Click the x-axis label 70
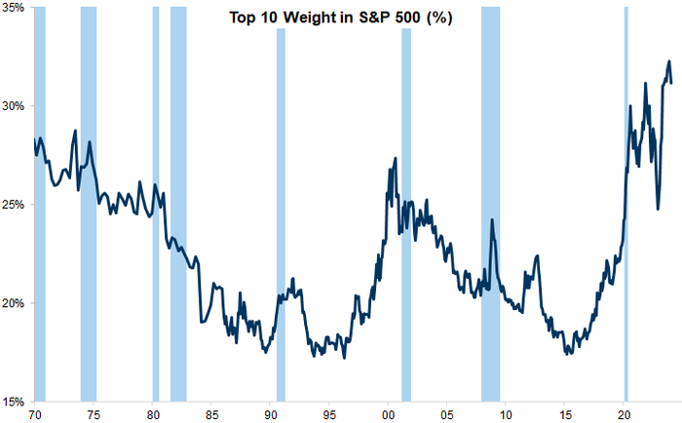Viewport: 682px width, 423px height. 35,413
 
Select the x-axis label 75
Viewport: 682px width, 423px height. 94,413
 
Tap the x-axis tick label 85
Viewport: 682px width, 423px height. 211,413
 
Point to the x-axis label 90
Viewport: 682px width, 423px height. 270,413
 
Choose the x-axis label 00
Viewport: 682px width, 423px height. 388,413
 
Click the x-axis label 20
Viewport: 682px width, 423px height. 624,413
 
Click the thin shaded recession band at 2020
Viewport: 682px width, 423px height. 625,195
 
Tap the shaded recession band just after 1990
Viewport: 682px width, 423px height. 281,195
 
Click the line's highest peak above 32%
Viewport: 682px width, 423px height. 668,62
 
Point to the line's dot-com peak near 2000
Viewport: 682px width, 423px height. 395,158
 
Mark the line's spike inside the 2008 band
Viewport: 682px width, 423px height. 492,220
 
